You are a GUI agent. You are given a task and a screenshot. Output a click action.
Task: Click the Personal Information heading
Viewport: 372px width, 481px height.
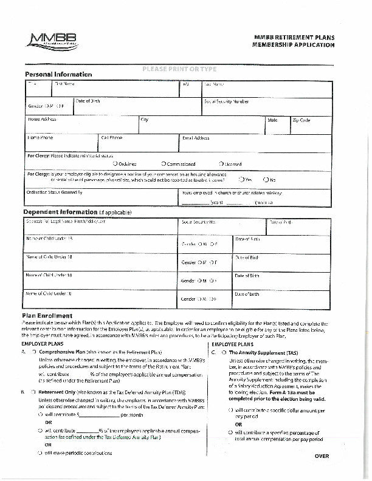tap(58, 75)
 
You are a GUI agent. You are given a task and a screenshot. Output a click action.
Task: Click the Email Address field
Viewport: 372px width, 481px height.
tap(256, 143)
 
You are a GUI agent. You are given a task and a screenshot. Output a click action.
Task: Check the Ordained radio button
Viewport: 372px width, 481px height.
tap(115, 164)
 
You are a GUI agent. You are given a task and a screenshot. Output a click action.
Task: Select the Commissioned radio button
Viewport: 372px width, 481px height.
tap(164, 164)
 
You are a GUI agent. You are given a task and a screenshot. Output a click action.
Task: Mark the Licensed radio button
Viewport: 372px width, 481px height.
tap(221, 164)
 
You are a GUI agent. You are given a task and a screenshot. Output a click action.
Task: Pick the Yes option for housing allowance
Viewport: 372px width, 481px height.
tap(241, 180)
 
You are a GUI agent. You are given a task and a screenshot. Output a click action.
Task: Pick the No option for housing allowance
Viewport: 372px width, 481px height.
tap(266, 180)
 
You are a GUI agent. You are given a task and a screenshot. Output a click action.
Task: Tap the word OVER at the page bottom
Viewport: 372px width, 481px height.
tap(322, 456)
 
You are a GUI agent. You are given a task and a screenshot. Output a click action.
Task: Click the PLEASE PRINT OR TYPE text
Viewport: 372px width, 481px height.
tap(179, 69)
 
